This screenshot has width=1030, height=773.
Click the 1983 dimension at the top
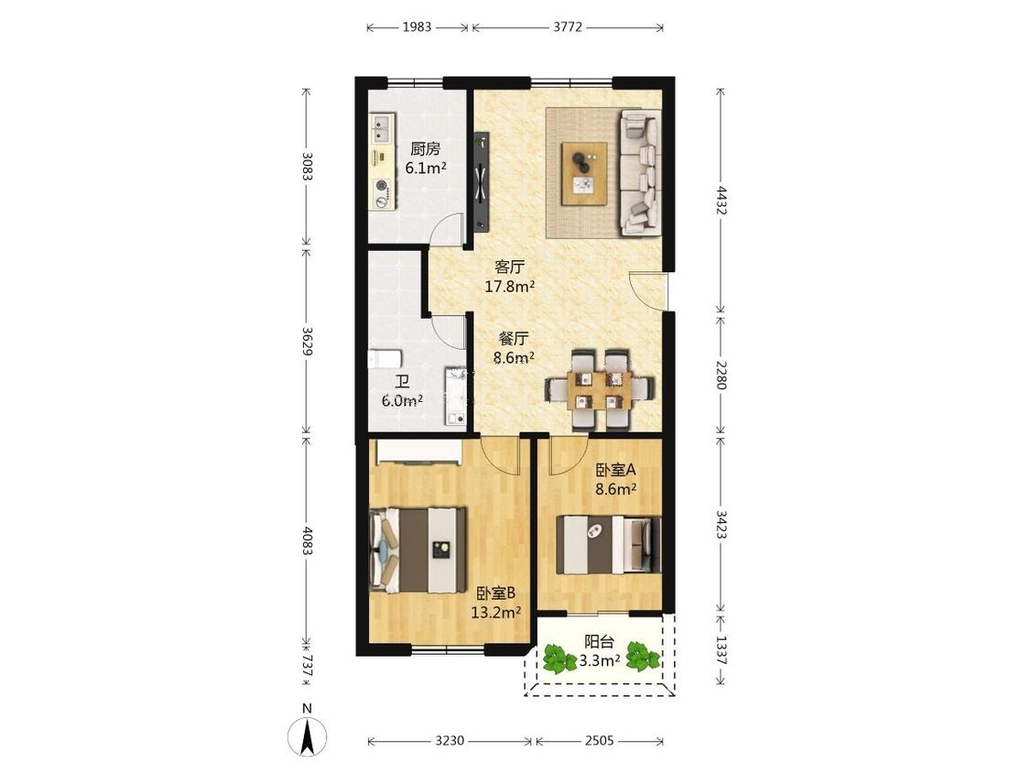point(417,27)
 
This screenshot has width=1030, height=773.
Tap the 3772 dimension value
point(568,27)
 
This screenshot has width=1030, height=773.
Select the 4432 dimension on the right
point(721,201)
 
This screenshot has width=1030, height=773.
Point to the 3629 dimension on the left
point(307,342)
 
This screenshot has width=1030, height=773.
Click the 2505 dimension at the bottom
point(599,741)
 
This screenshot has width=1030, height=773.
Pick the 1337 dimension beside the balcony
point(721,649)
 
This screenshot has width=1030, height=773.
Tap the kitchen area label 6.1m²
point(426,169)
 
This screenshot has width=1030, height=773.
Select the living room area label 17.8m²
point(509,287)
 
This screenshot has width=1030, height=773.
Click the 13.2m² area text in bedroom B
point(496,613)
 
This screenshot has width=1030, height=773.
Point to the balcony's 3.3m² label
point(600,660)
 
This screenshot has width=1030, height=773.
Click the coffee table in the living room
point(584,173)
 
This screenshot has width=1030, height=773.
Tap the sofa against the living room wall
point(641,172)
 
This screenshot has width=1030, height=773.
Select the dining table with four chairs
point(599,390)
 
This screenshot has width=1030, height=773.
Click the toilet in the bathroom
point(385,359)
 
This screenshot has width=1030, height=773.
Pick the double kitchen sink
point(382,128)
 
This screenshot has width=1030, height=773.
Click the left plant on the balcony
point(557,658)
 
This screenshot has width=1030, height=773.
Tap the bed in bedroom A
point(608,545)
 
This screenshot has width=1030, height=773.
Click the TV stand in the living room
point(482,182)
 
